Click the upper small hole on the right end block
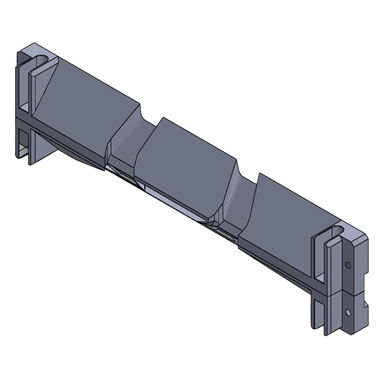pos(348,265)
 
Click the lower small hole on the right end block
pos(348,312)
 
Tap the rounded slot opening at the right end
pos(336,231)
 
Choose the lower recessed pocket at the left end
pos(23,142)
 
